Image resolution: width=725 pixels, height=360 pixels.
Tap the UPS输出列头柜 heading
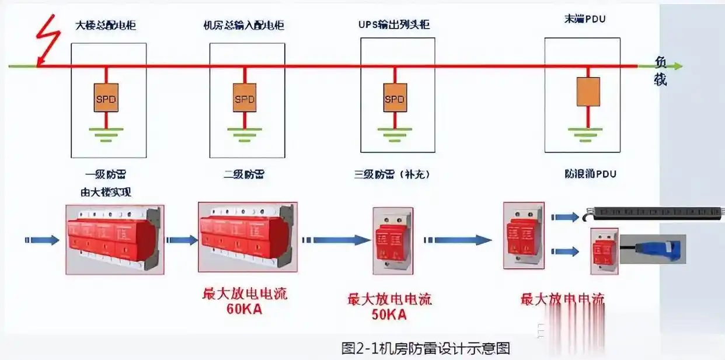pyautogui.click(x=397, y=26)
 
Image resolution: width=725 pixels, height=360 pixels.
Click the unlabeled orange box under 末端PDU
pyautogui.click(x=588, y=92)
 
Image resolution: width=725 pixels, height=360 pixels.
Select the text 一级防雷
pyautogui.click(x=106, y=174)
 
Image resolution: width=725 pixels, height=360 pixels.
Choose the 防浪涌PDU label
pyautogui.click(x=590, y=174)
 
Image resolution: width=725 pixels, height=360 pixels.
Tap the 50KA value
pyautogui.click(x=389, y=315)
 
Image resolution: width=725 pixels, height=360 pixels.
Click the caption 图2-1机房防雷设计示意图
pyautogui.click(x=426, y=348)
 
